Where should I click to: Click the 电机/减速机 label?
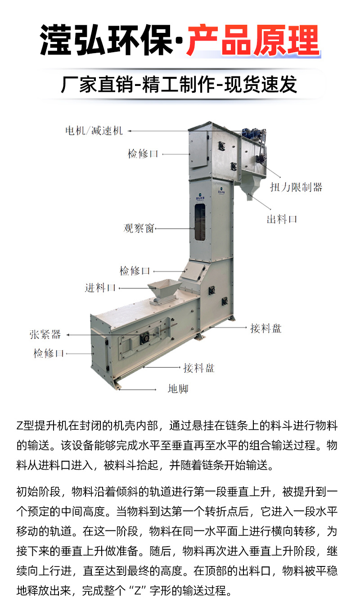[x=94, y=130]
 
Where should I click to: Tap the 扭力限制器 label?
[x=296, y=187]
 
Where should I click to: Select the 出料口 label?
[x=282, y=219]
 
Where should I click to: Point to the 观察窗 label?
[x=139, y=228]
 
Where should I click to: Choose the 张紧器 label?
[x=45, y=334]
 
